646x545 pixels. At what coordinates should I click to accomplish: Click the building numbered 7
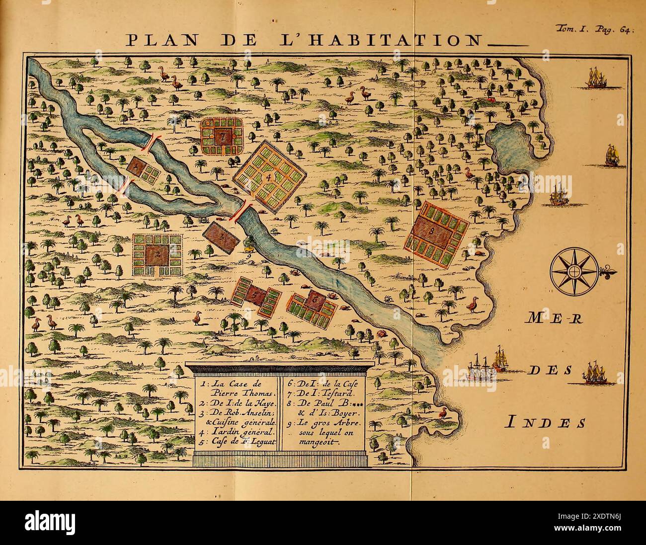[224, 135]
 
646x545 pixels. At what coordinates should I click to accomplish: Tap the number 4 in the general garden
[269, 176]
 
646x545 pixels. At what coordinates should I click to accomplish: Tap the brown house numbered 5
[256, 295]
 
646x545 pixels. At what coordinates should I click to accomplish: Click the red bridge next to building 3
[242, 211]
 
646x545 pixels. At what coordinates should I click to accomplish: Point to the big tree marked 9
[248, 242]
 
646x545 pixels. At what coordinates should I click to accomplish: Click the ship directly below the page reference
[596, 78]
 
